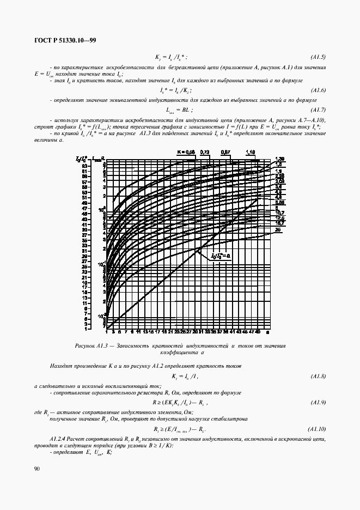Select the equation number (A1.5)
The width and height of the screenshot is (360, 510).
[318, 57]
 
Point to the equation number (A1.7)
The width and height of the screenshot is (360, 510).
[318, 110]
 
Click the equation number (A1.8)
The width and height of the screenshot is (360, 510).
[318, 376]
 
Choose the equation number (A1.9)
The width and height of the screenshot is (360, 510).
[318, 403]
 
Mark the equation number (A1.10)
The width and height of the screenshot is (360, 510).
[316, 429]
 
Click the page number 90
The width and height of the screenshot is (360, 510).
[36, 468]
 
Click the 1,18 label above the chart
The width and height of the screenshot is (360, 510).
[251, 152]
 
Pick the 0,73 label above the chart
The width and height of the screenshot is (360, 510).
[205, 152]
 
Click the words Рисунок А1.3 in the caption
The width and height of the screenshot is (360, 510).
[90, 346]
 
